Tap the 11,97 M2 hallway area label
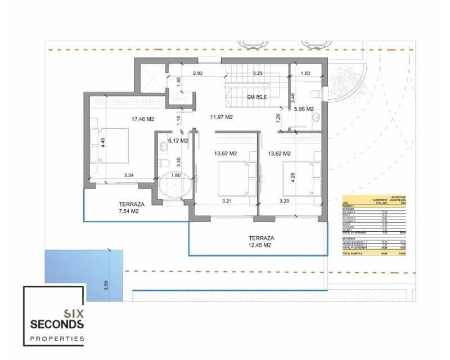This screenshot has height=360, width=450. (x=221, y=118)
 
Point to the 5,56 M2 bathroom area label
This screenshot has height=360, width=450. (x=304, y=109)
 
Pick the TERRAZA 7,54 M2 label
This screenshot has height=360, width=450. (x=132, y=208)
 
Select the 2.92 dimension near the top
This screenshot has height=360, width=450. (x=197, y=74)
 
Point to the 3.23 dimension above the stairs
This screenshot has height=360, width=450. (x=258, y=74)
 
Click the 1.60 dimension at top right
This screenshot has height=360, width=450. (x=306, y=74)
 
